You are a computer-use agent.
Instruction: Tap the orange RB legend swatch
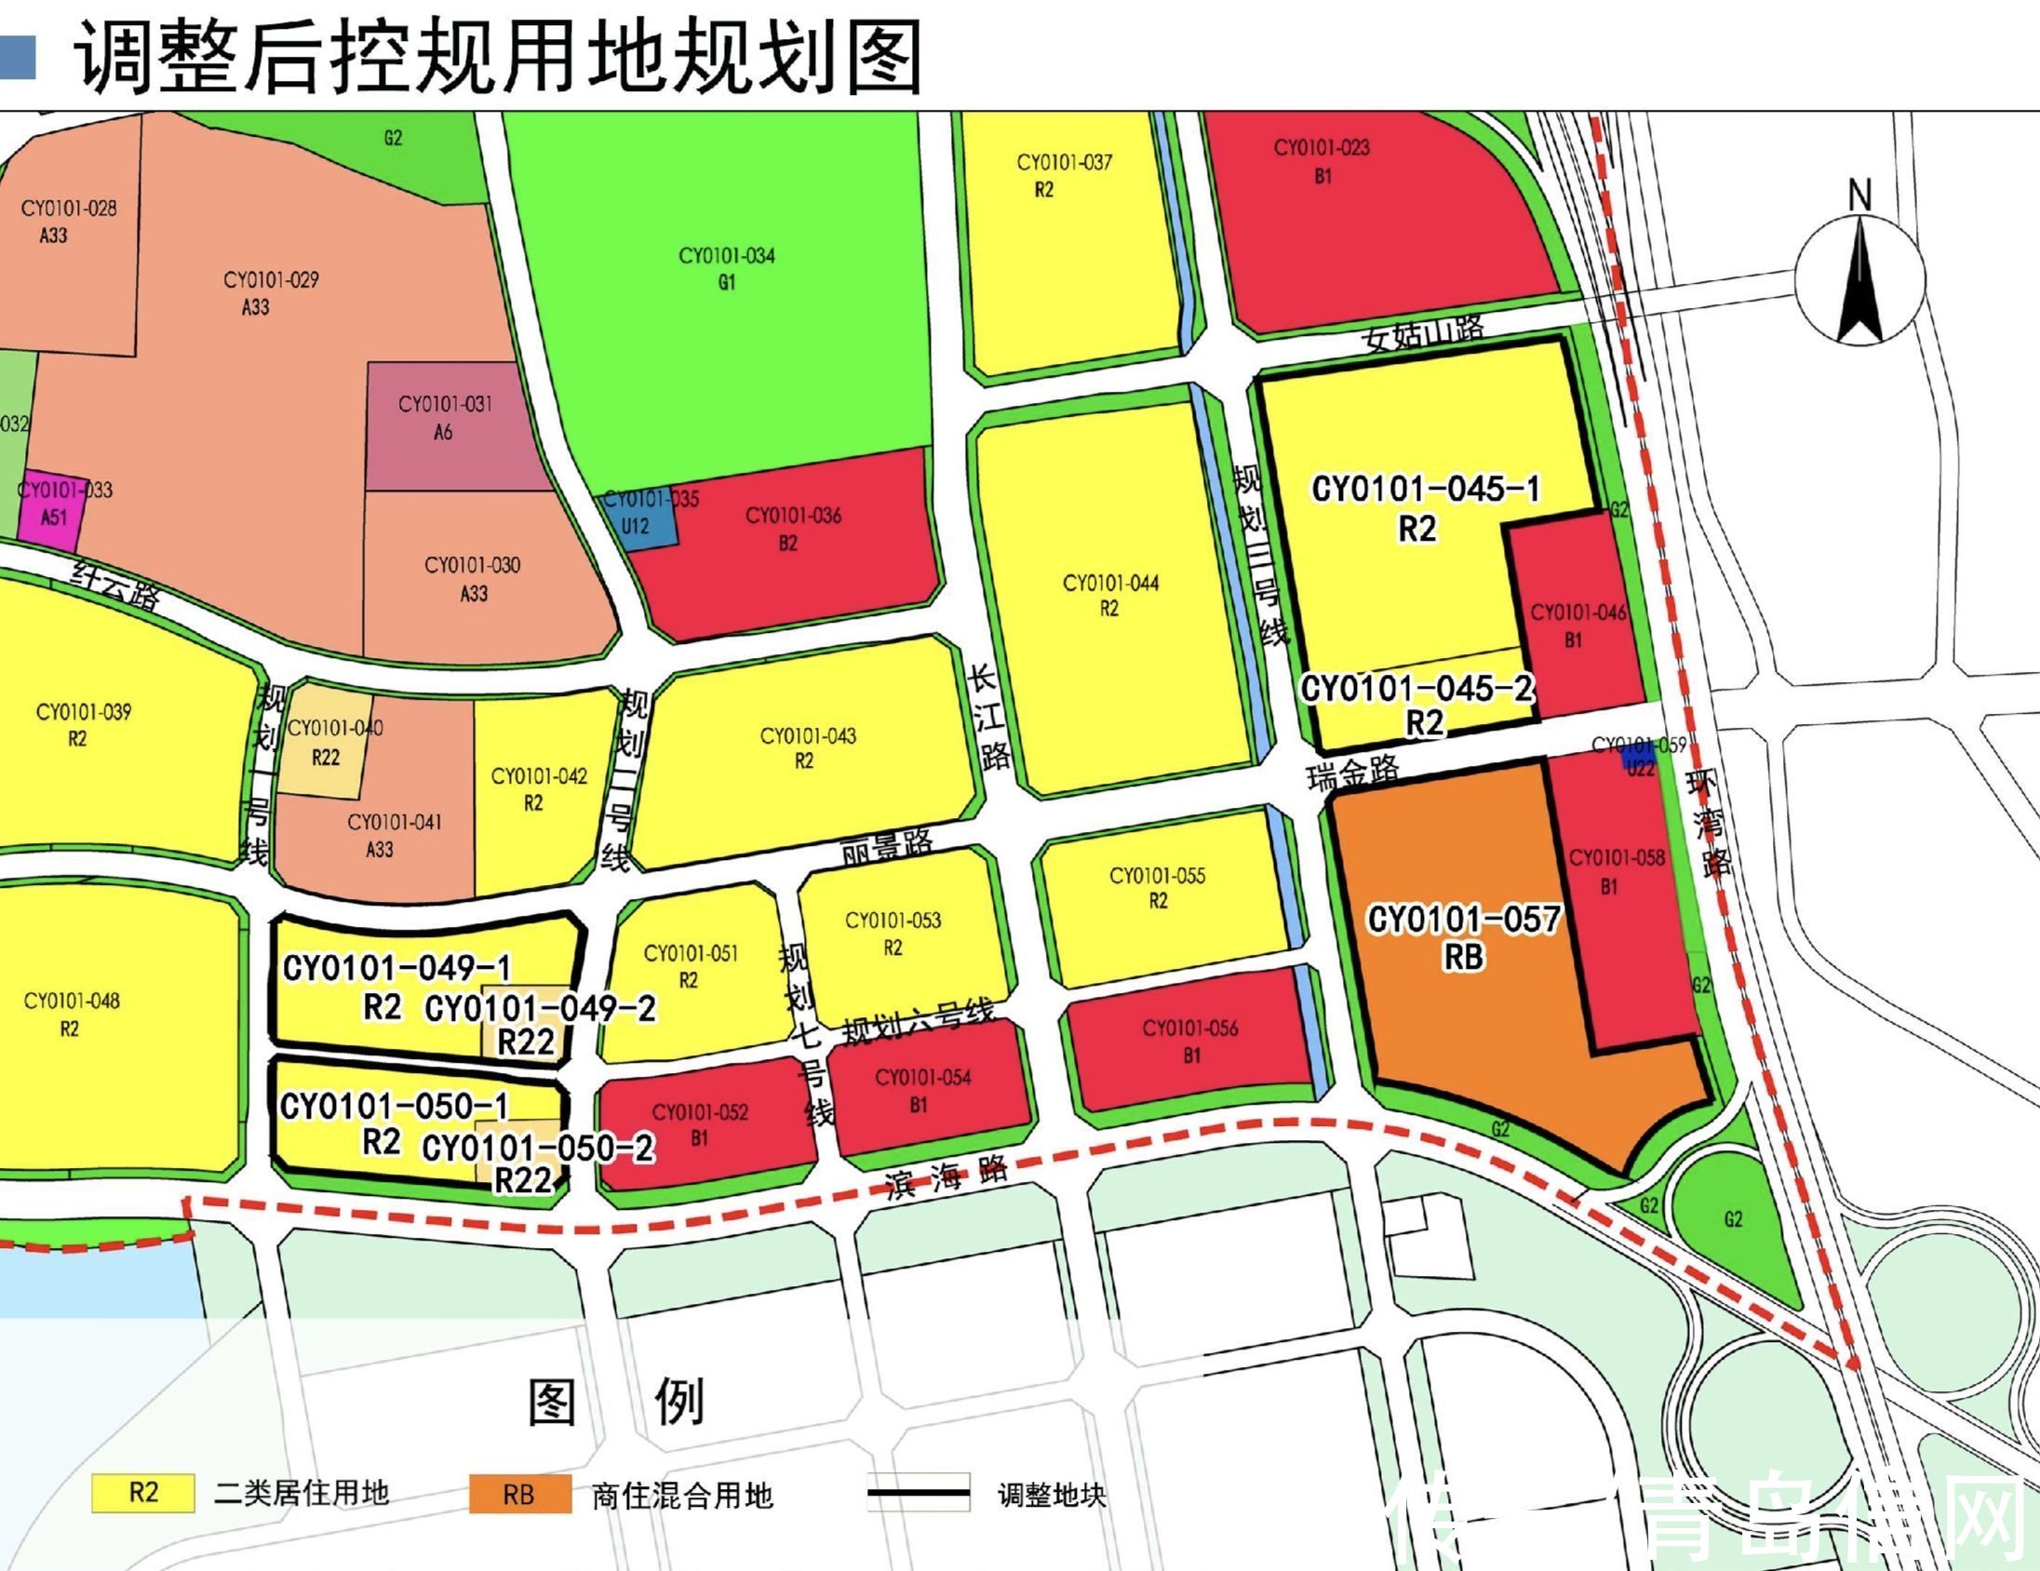519,1495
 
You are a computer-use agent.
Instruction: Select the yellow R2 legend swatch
143,1493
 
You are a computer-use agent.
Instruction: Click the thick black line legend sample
919,1494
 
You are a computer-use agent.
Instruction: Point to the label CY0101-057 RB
1463,937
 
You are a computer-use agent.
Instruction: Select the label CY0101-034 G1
727,268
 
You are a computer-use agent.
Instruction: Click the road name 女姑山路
1424,332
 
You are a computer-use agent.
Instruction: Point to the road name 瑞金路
1353,773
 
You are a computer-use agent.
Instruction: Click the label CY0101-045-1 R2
1424,507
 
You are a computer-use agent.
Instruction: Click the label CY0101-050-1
394,1107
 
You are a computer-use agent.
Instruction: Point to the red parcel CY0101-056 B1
1190,1041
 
